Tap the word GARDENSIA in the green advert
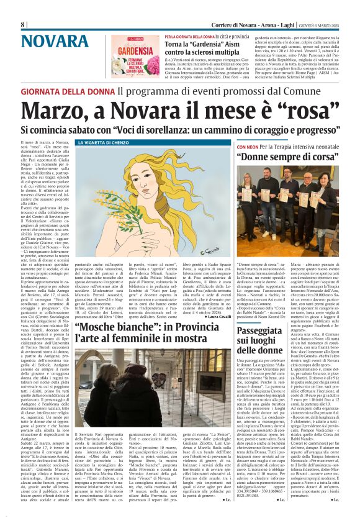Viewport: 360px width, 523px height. click(x=143, y=51)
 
